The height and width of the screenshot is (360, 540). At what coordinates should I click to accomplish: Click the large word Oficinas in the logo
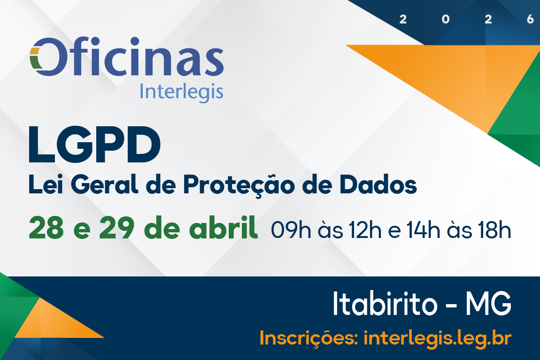click(x=127, y=56)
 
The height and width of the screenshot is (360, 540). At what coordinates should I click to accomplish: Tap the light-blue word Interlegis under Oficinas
click(x=182, y=92)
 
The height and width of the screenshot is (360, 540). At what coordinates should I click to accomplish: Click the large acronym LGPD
click(x=94, y=145)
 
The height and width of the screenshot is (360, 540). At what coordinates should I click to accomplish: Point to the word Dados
click(x=378, y=184)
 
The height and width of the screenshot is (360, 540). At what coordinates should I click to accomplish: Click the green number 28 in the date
click(x=46, y=228)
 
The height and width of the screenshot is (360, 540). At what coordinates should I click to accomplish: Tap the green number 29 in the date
click(x=117, y=228)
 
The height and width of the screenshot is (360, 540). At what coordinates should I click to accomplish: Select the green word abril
click(x=224, y=227)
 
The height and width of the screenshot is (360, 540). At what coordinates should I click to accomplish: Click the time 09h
click(x=291, y=230)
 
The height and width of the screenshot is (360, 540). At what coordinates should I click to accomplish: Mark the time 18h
click(x=494, y=230)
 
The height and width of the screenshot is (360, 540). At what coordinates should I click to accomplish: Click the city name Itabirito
click(x=385, y=304)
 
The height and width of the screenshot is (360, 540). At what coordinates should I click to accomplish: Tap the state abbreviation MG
click(x=489, y=304)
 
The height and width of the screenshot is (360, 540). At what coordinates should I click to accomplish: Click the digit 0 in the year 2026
click(x=446, y=19)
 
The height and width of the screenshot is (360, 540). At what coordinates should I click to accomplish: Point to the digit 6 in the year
click(x=530, y=19)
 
